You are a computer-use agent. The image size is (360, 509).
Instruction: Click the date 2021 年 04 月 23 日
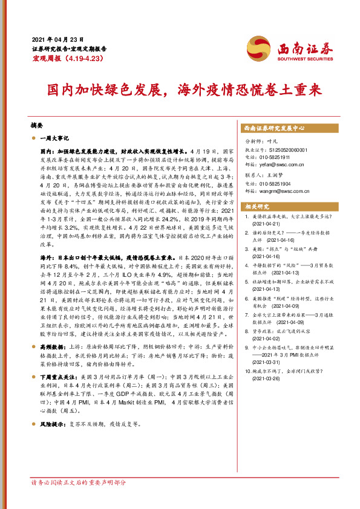point(57,39)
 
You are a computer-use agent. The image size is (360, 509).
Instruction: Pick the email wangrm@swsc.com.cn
point(286,192)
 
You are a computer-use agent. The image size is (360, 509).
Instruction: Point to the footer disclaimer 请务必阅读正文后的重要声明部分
point(79,500)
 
